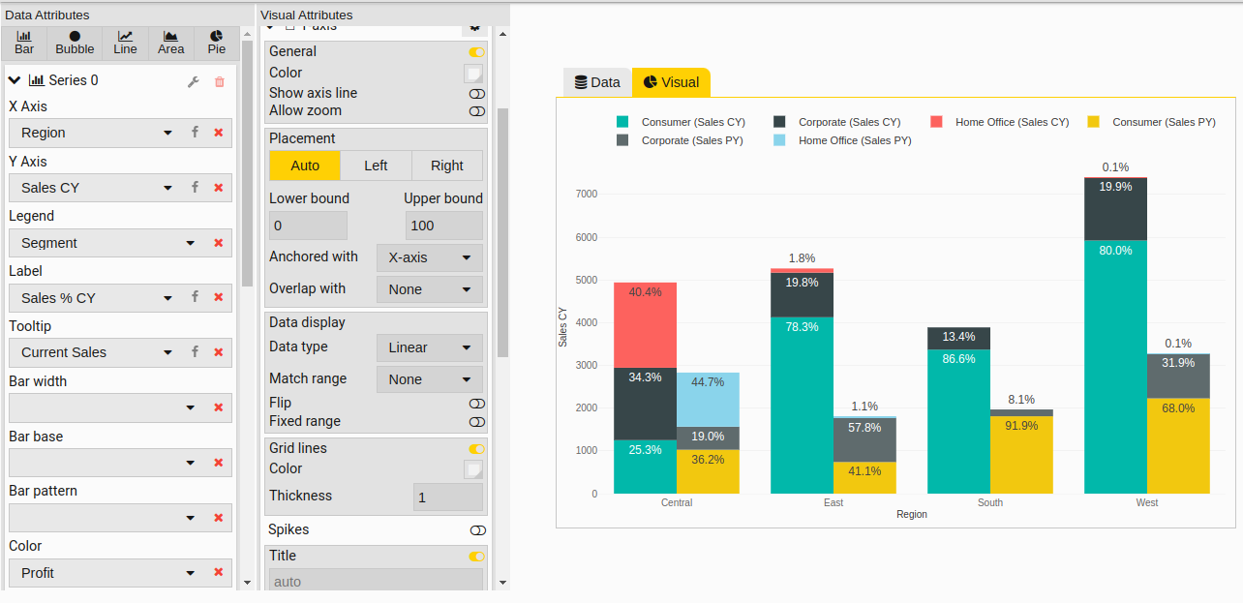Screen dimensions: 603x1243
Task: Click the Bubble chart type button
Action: [75, 43]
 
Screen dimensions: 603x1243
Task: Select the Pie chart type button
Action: [216, 43]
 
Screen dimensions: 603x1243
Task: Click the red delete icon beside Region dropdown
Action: [219, 133]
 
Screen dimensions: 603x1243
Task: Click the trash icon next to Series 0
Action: [220, 81]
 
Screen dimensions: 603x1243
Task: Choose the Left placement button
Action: [376, 166]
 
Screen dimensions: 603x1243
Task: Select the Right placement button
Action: [446, 166]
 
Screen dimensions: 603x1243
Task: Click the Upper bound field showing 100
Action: [443, 226]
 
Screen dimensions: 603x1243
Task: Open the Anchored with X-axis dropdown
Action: [429, 257]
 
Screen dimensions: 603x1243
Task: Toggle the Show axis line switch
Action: [476, 94]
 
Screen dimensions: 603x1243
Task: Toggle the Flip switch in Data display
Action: [476, 404]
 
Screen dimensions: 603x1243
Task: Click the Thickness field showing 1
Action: [447, 497]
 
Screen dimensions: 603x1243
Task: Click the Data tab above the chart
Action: [596, 82]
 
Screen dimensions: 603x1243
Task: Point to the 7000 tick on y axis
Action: [587, 195]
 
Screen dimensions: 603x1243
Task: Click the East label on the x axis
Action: [834, 503]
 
